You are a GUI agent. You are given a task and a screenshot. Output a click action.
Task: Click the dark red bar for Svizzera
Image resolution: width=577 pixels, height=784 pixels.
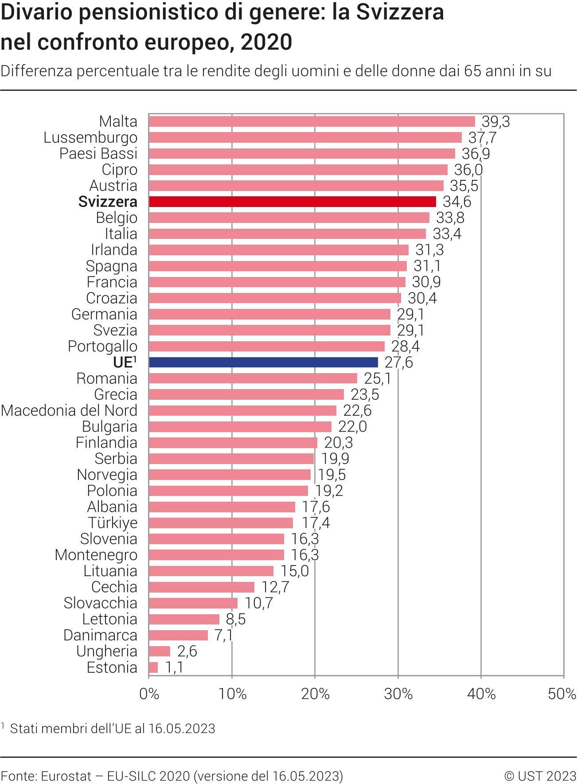click(x=292, y=202)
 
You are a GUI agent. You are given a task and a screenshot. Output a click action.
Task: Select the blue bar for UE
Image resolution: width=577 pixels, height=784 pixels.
click(x=263, y=362)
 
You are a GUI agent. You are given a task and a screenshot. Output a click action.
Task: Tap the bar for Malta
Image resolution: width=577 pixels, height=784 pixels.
click(x=312, y=121)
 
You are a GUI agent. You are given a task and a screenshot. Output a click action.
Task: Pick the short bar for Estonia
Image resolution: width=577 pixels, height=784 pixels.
click(x=153, y=667)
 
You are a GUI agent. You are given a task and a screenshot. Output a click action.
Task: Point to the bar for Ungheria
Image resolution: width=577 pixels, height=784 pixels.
click(x=160, y=651)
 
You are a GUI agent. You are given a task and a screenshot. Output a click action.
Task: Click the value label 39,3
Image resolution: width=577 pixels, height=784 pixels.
click(x=496, y=121)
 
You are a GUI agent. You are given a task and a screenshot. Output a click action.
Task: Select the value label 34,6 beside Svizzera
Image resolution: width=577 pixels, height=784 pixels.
click(x=457, y=202)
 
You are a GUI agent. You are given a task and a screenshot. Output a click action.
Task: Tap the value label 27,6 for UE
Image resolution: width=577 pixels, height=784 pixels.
click(x=398, y=362)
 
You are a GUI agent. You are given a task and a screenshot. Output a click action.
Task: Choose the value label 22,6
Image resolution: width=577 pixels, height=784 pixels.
click(x=357, y=410)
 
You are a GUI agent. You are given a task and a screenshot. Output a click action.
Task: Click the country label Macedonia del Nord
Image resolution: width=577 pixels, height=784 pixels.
click(x=69, y=410)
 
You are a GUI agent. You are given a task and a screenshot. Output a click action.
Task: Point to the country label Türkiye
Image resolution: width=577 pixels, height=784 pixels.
click(x=113, y=523)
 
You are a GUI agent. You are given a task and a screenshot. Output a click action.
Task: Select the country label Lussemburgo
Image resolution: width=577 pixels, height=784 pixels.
click(x=90, y=137)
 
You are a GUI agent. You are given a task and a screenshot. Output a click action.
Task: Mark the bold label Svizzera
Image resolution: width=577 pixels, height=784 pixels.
click(x=108, y=202)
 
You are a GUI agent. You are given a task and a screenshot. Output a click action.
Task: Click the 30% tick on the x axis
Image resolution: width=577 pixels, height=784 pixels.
click(x=398, y=694)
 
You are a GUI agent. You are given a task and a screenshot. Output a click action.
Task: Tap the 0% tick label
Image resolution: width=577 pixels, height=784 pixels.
click(x=149, y=694)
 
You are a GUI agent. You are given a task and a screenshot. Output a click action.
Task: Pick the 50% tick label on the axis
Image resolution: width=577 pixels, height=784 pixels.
click(x=562, y=694)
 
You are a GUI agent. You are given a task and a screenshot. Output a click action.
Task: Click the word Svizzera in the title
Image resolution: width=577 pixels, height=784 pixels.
click(x=400, y=12)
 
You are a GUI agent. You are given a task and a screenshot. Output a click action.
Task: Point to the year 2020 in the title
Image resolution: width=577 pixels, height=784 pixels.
click(x=266, y=43)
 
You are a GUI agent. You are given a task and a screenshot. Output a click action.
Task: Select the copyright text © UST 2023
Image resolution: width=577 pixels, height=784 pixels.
click(x=540, y=776)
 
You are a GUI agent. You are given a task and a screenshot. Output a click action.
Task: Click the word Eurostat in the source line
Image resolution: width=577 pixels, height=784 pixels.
click(x=66, y=776)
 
